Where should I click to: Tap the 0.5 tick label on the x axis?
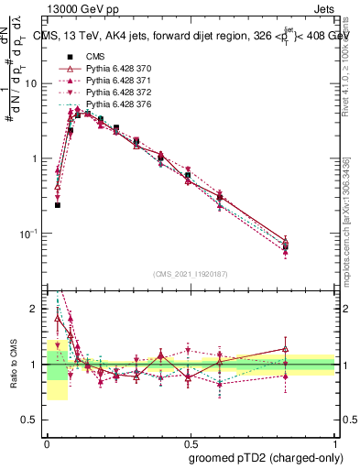191,442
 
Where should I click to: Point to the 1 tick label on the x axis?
335,442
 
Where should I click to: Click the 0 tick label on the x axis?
47,442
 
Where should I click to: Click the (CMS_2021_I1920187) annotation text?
191,273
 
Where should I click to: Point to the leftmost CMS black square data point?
58,205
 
